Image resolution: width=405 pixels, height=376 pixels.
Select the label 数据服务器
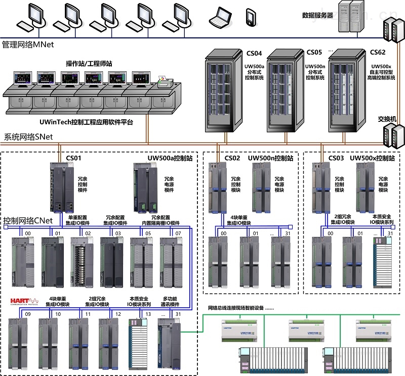[x=317, y=16]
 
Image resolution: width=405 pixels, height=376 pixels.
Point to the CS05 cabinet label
[x=314, y=52]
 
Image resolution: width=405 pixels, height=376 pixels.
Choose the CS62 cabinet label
[x=377, y=52]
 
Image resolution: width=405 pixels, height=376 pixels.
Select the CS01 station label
[x=74, y=158]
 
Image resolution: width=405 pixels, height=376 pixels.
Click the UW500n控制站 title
[x=270, y=158]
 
